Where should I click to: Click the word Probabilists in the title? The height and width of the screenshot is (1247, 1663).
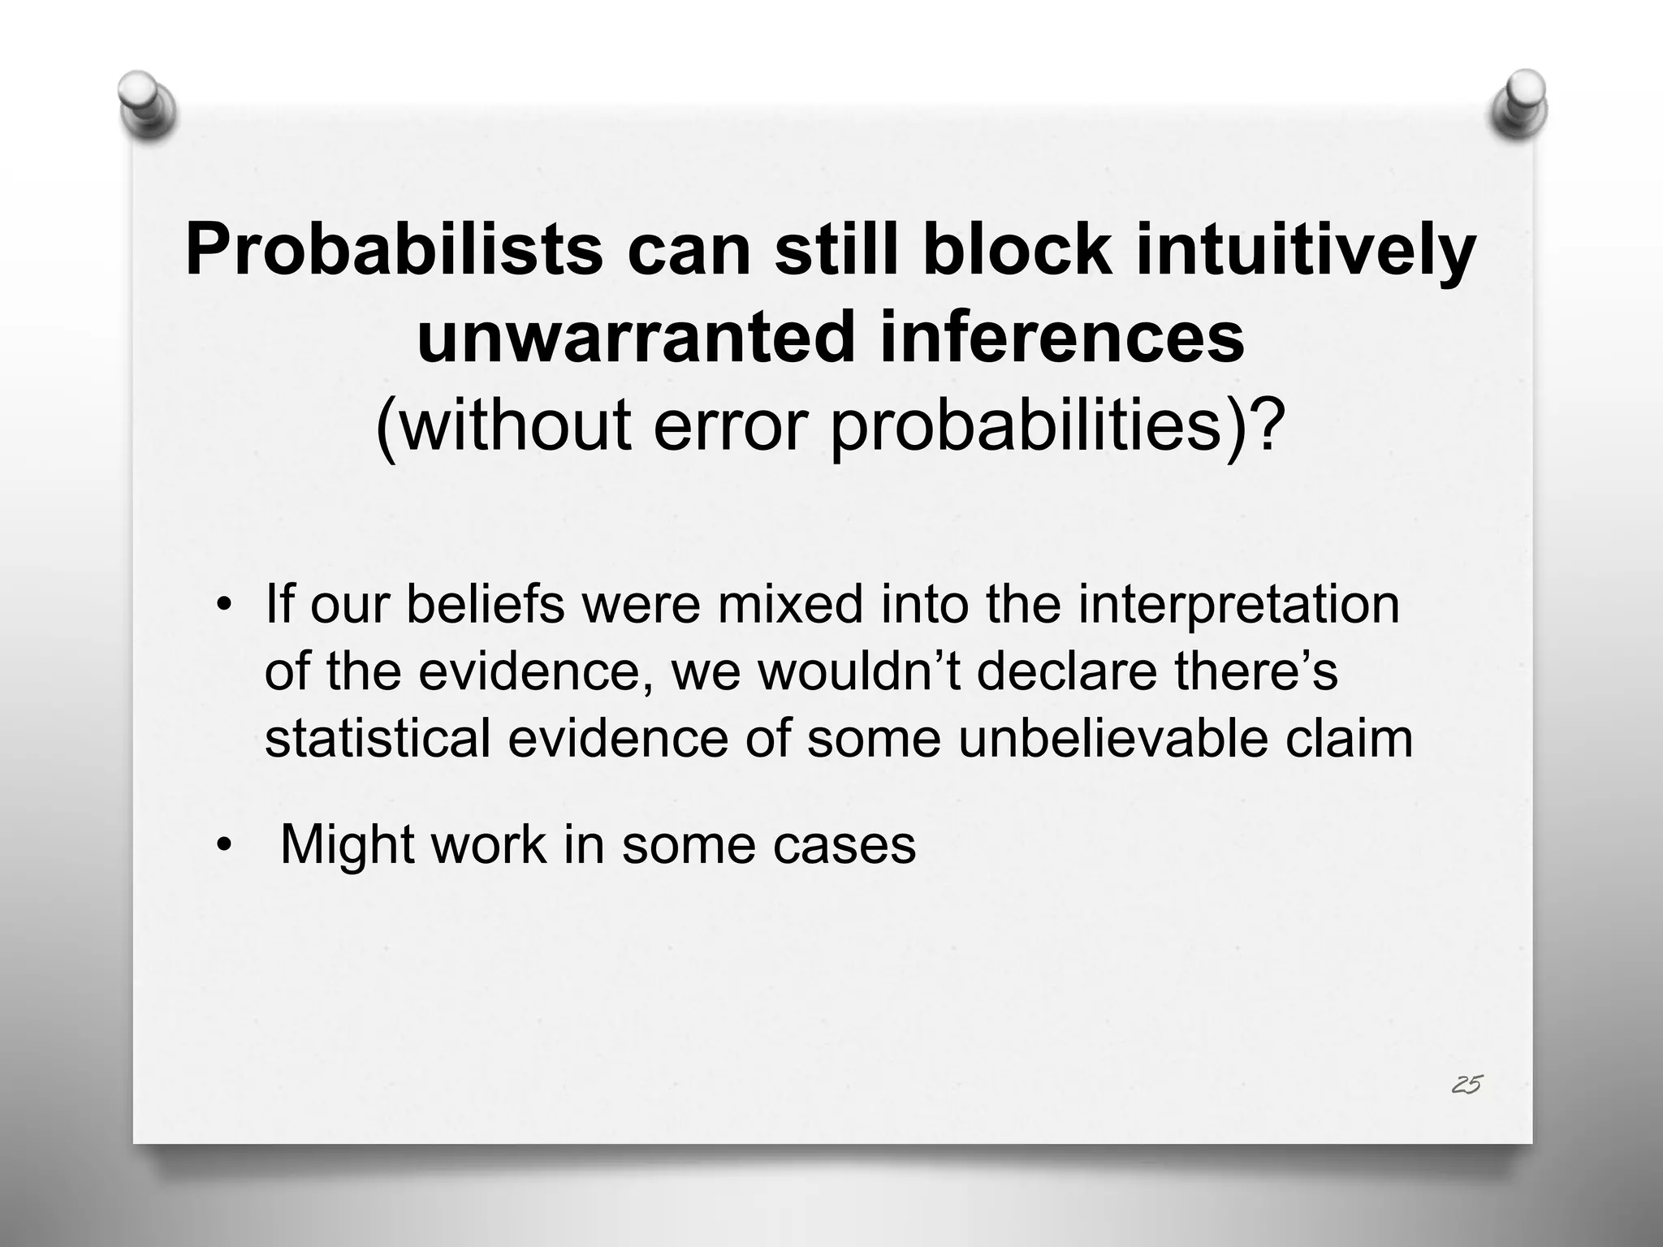[x=394, y=250]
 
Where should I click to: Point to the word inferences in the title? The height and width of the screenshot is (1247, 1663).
[x=1061, y=337]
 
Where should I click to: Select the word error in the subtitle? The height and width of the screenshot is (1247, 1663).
[x=729, y=425]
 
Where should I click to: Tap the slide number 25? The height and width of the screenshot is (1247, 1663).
[x=1466, y=1084]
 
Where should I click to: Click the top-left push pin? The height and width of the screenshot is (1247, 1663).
[x=145, y=104]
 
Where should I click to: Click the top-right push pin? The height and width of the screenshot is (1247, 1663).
[x=1519, y=104]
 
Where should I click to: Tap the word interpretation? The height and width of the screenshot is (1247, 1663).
[x=1238, y=606]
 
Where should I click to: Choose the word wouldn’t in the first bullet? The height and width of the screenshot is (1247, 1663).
[x=860, y=672]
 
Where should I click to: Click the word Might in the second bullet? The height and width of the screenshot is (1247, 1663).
[x=348, y=845]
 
